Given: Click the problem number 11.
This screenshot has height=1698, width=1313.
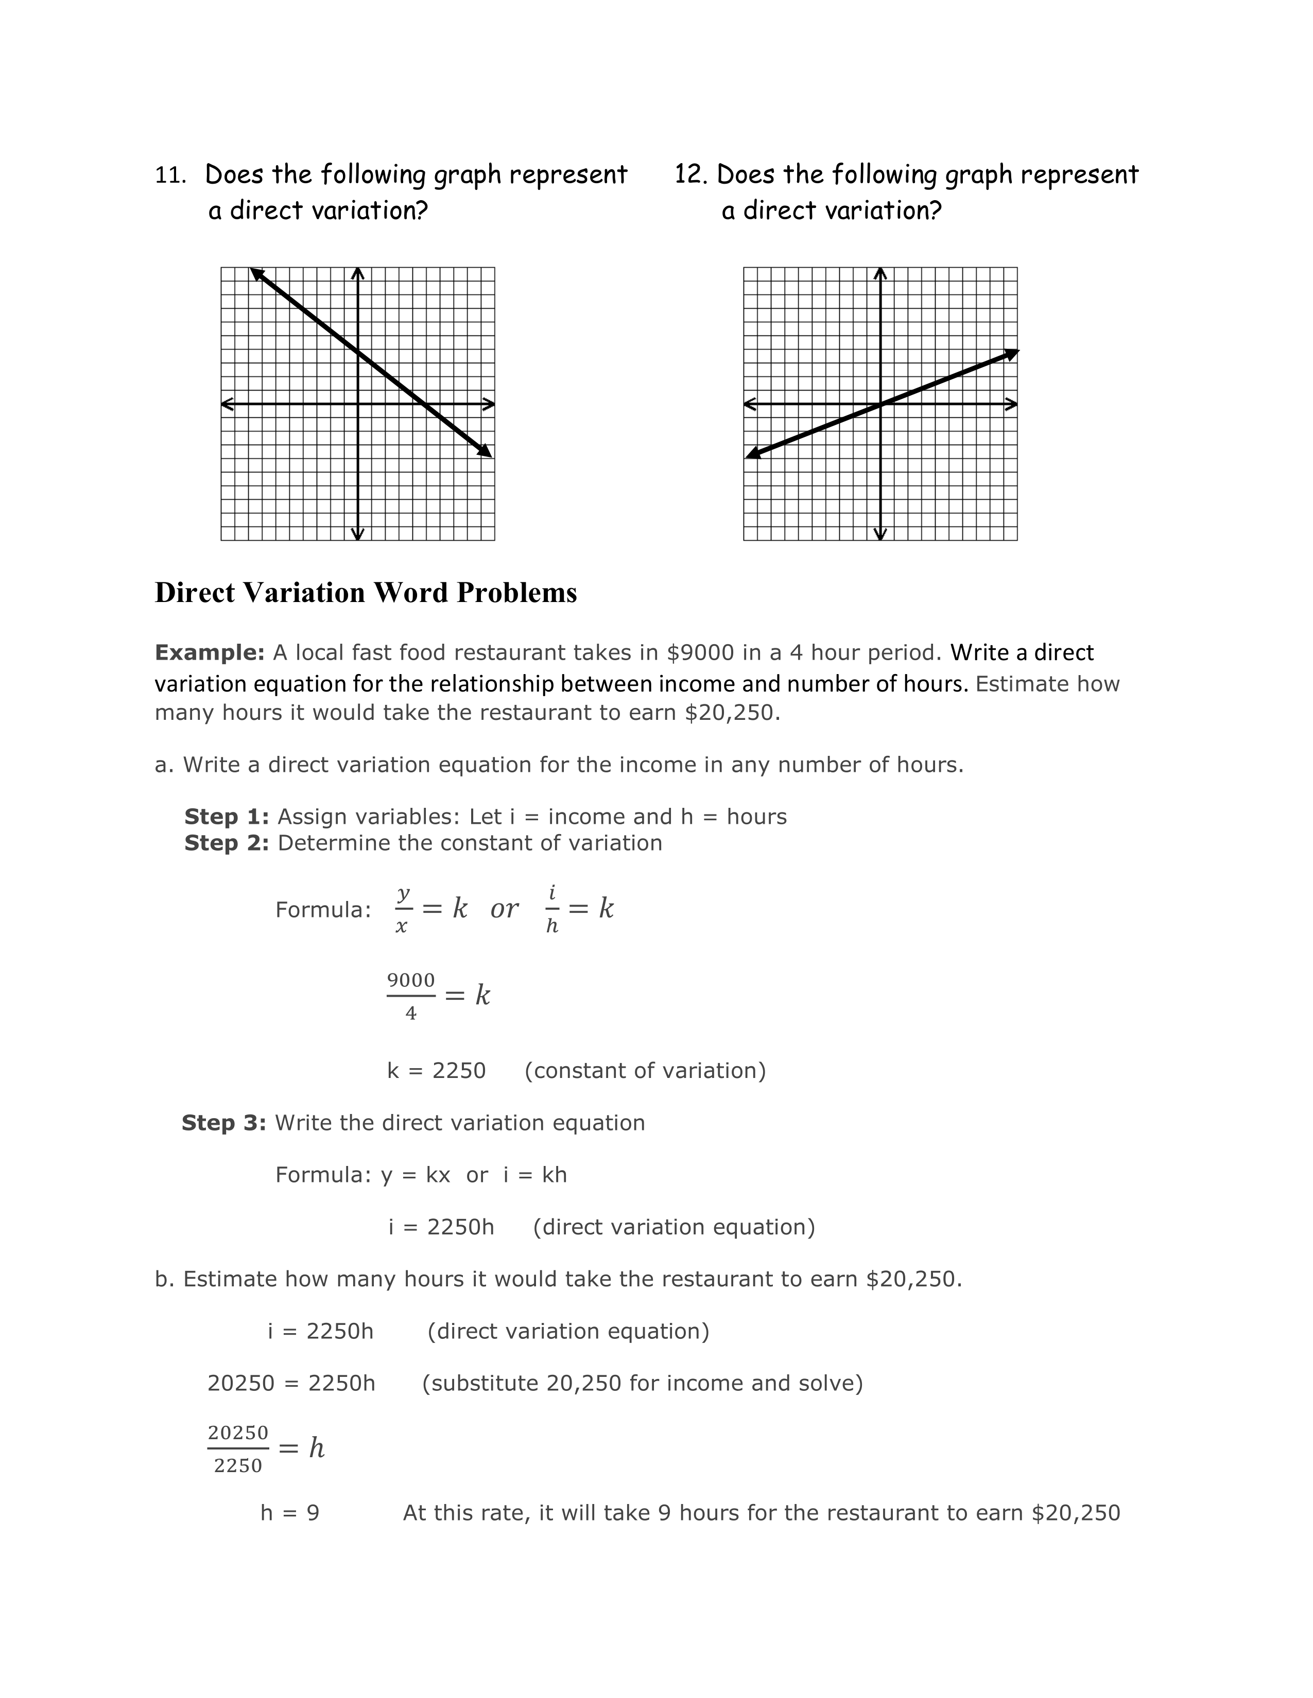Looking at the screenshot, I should coord(169,175).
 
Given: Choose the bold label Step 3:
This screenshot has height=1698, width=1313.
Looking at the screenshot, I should coord(224,1123).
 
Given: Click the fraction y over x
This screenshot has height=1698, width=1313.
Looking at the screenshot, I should coord(402,909).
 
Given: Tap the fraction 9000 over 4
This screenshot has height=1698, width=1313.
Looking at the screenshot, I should coord(411,996).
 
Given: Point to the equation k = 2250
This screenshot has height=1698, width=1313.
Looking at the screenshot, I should coord(436,1071).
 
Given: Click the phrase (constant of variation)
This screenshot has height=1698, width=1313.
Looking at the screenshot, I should coord(645,1071).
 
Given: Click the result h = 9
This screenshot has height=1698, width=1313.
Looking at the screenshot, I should coord(289,1513).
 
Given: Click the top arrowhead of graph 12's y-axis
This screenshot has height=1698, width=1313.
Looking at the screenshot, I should coord(880,273).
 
